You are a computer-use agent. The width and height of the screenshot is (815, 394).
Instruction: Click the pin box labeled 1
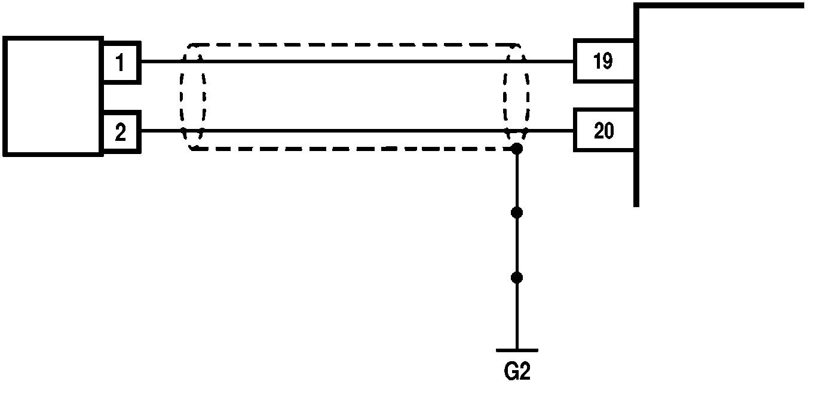[121, 61]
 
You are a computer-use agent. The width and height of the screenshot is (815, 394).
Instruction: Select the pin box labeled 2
[121, 132]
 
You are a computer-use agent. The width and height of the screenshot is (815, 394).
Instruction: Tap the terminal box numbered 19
[603, 61]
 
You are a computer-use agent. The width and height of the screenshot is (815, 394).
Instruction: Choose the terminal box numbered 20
[603, 130]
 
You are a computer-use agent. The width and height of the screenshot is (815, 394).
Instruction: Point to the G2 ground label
[517, 371]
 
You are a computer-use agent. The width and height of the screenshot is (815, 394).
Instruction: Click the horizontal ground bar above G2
[517, 350]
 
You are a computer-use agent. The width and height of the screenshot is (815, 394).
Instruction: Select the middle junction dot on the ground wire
[517, 213]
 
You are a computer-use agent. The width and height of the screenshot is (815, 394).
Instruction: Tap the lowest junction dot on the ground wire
[517, 278]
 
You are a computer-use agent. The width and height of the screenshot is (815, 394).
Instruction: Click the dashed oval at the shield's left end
[192, 96]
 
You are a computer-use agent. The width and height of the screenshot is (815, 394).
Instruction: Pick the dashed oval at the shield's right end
[516, 96]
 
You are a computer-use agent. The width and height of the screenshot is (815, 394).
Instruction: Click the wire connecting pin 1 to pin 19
[359, 61]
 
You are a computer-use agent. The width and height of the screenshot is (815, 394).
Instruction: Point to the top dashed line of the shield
[353, 45]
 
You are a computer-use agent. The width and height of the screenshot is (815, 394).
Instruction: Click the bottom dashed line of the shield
[353, 149]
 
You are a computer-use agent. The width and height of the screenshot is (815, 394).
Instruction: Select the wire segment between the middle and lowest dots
[517, 245]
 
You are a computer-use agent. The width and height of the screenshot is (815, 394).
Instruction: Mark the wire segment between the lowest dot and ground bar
[517, 313]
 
